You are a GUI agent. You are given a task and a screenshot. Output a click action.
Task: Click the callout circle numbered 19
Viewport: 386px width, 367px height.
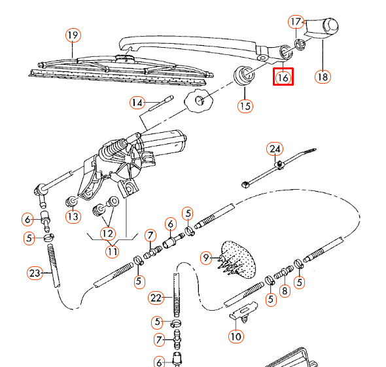point(72,35)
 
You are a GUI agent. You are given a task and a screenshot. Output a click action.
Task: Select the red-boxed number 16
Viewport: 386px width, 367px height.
point(283,77)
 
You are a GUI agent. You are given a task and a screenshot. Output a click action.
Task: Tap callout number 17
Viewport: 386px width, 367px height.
point(296,22)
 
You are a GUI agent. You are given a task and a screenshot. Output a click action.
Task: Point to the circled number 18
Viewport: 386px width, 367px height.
point(322,77)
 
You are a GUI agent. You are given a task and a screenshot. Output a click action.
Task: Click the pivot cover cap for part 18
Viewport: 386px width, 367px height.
point(323,29)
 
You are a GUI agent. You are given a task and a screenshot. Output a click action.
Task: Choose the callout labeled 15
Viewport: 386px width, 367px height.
point(245,105)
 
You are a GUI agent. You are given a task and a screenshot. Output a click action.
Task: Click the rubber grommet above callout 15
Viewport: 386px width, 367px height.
point(245,75)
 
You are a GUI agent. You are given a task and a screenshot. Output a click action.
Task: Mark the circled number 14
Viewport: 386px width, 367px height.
point(137,103)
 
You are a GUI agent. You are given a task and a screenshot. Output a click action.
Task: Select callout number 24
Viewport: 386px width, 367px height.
point(273,149)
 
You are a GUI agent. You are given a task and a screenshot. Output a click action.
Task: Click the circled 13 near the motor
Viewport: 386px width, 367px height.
point(72,217)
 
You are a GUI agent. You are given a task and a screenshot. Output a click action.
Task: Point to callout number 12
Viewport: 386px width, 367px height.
point(107,232)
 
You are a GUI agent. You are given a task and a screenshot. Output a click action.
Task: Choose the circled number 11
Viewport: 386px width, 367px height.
point(113,251)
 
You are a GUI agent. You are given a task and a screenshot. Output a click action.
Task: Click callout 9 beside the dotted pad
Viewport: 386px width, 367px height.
point(207,258)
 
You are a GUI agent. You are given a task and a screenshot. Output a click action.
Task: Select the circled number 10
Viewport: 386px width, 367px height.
point(236,337)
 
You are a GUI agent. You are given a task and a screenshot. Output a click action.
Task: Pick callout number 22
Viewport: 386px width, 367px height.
point(155,298)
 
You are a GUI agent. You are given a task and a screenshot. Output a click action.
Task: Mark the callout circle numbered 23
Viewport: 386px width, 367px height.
point(35,272)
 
